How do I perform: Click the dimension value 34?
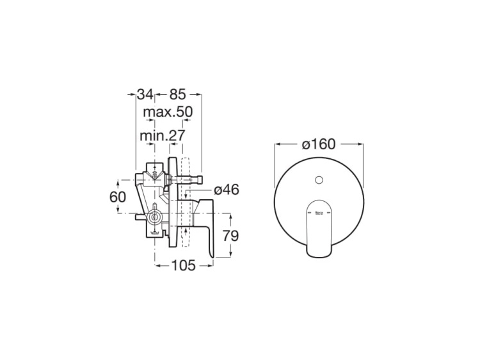point(145,94)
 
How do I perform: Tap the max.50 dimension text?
point(167,113)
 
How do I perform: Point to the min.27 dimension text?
point(162,136)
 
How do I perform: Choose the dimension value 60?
point(118,197)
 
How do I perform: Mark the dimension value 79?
point(230,236)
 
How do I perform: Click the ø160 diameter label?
point(319,145)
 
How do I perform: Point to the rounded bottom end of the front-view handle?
point(319,253)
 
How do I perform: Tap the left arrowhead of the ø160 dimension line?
point(278,145)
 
